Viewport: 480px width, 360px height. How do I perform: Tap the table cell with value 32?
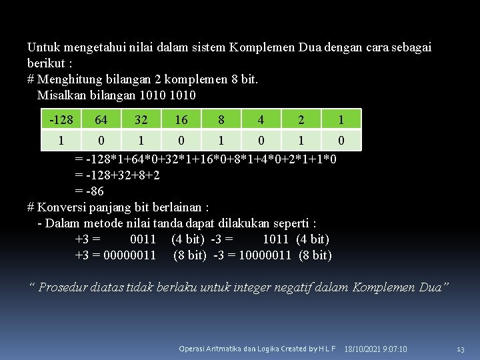click(x=141, y=119)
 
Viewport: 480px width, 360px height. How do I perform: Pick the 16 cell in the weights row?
click(x=181, y=119)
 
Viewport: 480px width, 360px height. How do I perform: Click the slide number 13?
click(x=460, y=349)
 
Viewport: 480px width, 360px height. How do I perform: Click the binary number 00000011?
click(x=131, y=255)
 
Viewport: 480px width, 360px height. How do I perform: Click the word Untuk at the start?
click(x=43, y=47)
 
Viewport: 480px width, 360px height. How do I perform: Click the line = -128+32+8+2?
click(x=117, y=175)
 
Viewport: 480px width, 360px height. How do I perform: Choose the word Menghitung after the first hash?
click(x=69, y=79)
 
